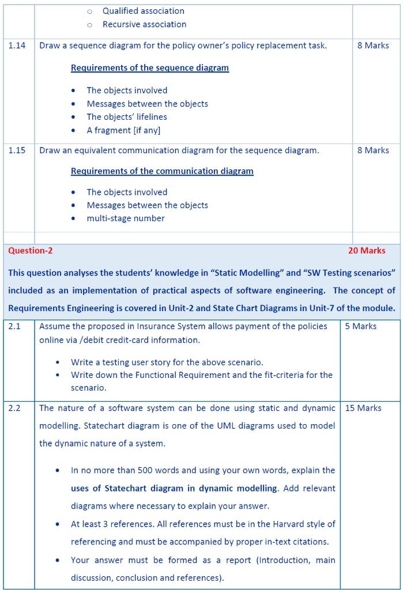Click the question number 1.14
(17, 46)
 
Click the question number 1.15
(17, 150)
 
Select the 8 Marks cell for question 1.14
(372, 46)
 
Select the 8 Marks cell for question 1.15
(372, 150)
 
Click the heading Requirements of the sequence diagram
(149, 68)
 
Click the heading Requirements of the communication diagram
(162, 171)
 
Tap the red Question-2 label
(30, 251)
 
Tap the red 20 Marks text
(367, 251)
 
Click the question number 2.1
(14, 327)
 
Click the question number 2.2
(14, 409)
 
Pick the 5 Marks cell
(360, 327)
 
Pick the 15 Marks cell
(363, 409)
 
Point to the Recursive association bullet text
(144, 25)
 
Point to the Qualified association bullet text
(143, 11)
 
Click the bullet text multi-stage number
(125, 218)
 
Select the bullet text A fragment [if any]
(123, 130)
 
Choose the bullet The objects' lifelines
(126, 117)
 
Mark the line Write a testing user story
(167, 362)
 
